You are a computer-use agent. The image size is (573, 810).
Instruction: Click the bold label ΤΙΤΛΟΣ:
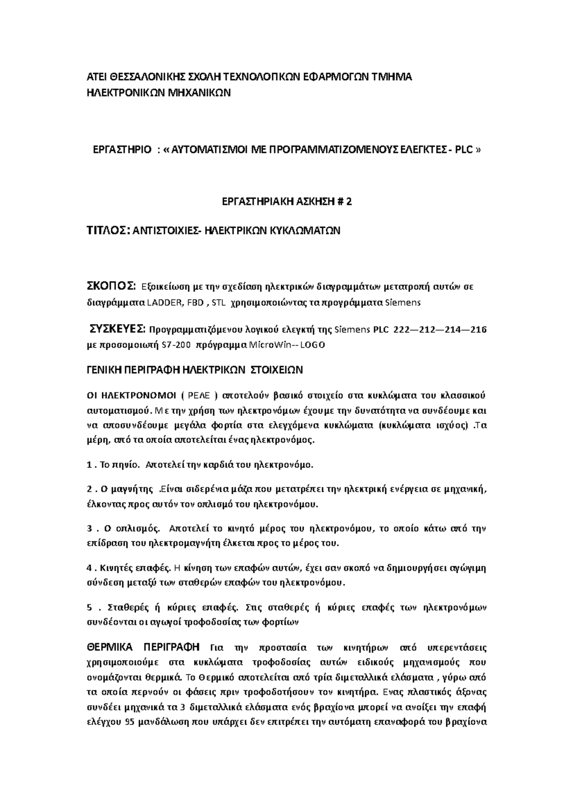point(107,231)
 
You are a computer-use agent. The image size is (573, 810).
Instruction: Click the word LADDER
point(164,302)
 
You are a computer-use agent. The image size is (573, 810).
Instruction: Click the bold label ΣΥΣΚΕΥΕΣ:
point(117,329)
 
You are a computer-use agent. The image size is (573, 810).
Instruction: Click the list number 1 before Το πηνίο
point(89,464)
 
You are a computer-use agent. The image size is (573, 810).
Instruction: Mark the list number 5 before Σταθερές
point(89,607)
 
